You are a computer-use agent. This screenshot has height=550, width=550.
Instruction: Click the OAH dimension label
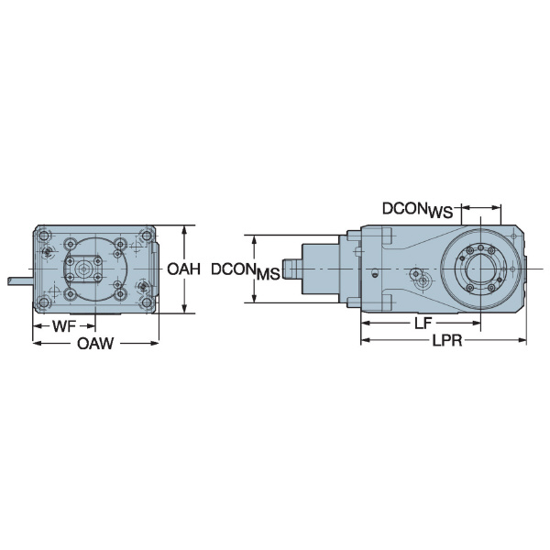coord(183,269)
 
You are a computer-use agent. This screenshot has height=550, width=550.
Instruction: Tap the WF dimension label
coord(63,326)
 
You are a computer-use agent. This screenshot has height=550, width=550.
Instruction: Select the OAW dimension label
coord(95,344)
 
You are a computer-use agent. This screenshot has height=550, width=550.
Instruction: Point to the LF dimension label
coord(423,324)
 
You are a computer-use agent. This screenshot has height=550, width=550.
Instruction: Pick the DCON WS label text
coord(417,210)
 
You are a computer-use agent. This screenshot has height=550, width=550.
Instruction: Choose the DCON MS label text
coord(244,271)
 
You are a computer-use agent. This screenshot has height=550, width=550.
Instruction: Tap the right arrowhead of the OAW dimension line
coord(155,344)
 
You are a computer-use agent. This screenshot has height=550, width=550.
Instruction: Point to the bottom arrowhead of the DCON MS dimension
coord(254,300)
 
